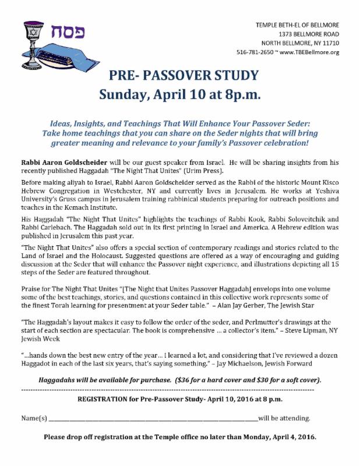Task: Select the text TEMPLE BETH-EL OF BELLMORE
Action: tap(298, 24)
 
